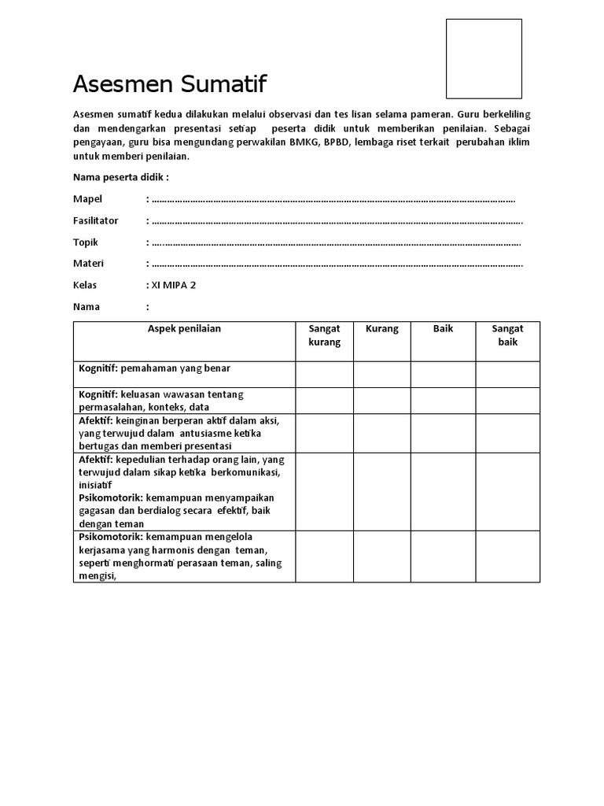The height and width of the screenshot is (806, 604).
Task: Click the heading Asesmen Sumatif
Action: pyautogui.click(x=170, y=83)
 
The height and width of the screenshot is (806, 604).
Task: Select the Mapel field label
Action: pyautogui.click(x=87, y=199)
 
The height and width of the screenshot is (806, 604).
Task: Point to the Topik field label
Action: pyautogui.click(x=86, y=242)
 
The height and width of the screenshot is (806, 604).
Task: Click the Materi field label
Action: pyautogui.click(x=88, y=263)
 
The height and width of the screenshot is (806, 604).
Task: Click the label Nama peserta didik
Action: pyautogui.click(x=120, y=177)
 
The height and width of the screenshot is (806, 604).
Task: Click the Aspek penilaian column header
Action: pyautogui.click(x=184, y=329)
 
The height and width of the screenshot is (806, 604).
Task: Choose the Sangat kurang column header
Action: pyautogui.click(x=324, y=335)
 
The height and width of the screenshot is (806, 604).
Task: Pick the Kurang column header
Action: pyautogui.click(x=381, y=329)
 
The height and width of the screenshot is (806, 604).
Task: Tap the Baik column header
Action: pyautogui.click(x=443, y=329)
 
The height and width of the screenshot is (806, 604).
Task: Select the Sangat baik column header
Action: pyautogui.click(x=507, y=335)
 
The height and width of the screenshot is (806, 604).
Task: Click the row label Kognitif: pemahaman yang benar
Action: pyautogui.click(x=154, y=368)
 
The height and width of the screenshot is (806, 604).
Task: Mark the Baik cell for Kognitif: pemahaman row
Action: pyautogui.click(x=443, y=375)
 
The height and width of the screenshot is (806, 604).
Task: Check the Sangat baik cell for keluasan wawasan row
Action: pyautogui.click(x=507, y=401)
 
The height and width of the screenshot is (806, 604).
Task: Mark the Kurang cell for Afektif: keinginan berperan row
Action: pyautogui.click(x=381, y=433)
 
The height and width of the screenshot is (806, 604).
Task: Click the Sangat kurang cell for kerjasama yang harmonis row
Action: pyautogui.click(x=324, y=556)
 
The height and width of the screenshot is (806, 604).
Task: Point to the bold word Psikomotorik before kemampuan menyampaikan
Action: pyautogui.click(x=109, y=498)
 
